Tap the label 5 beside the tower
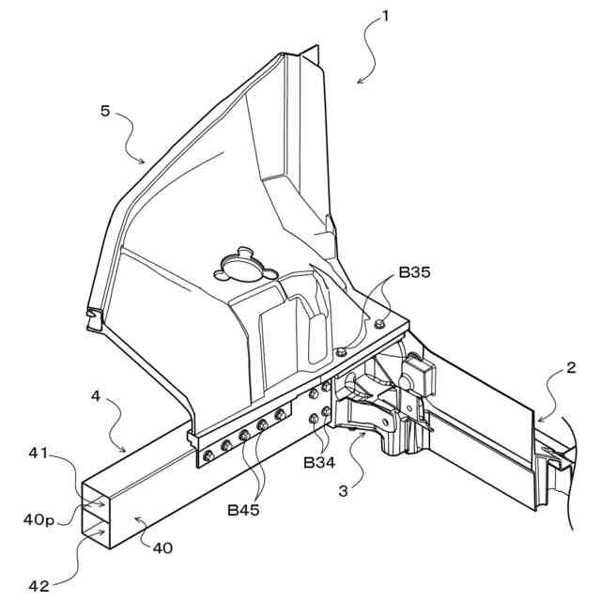click(x=104, y=112)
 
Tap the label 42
click(x=39, y=584)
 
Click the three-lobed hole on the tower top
click(x=243, y=266)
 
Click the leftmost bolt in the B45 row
click(x=207, y=456)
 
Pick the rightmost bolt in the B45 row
click(x=279, y=414)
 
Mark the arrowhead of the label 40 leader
click(x=136, y=516)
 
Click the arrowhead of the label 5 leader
click(x=146, y=163)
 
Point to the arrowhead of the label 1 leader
click(x=357, y=83)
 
